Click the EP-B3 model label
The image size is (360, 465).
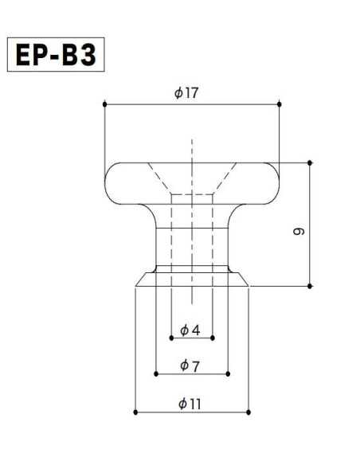pyautogui.click(x=56, y=55)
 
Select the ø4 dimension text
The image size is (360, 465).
pyautogui.click(x=190, y=329)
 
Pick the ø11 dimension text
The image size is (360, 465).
pyautogui.click(x=190, y=404)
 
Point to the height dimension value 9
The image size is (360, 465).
pyautogui.click(x=297, y=231)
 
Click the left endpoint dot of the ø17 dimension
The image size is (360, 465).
pyautogui.click(x=104, y=104)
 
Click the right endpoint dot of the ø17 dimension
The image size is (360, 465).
pyautogui.click(x=280, y=104)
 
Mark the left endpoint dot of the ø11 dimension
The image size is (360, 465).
pyautogui.click(x=136, y=412)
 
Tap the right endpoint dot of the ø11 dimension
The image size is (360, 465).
pyautogui.click(x=248, y=412)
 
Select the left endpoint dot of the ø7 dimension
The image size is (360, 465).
pyautogui.click(x=155, y=373)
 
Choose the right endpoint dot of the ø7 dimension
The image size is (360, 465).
pyautogui.click(x=229, y=373)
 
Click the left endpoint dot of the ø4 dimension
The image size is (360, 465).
pyautogui.click(x=171, y=338)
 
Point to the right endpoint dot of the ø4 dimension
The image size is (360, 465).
pyautogui.click(x=213, y=338)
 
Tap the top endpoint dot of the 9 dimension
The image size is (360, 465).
pyautogui.click(x=309, y=162)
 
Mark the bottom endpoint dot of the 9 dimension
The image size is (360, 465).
pyautogui.click(x=309, y=286)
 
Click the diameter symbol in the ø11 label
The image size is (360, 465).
pyautogui.click(x=183, y=404)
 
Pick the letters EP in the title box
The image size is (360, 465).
pyautogui.click(x=35, y=55)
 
